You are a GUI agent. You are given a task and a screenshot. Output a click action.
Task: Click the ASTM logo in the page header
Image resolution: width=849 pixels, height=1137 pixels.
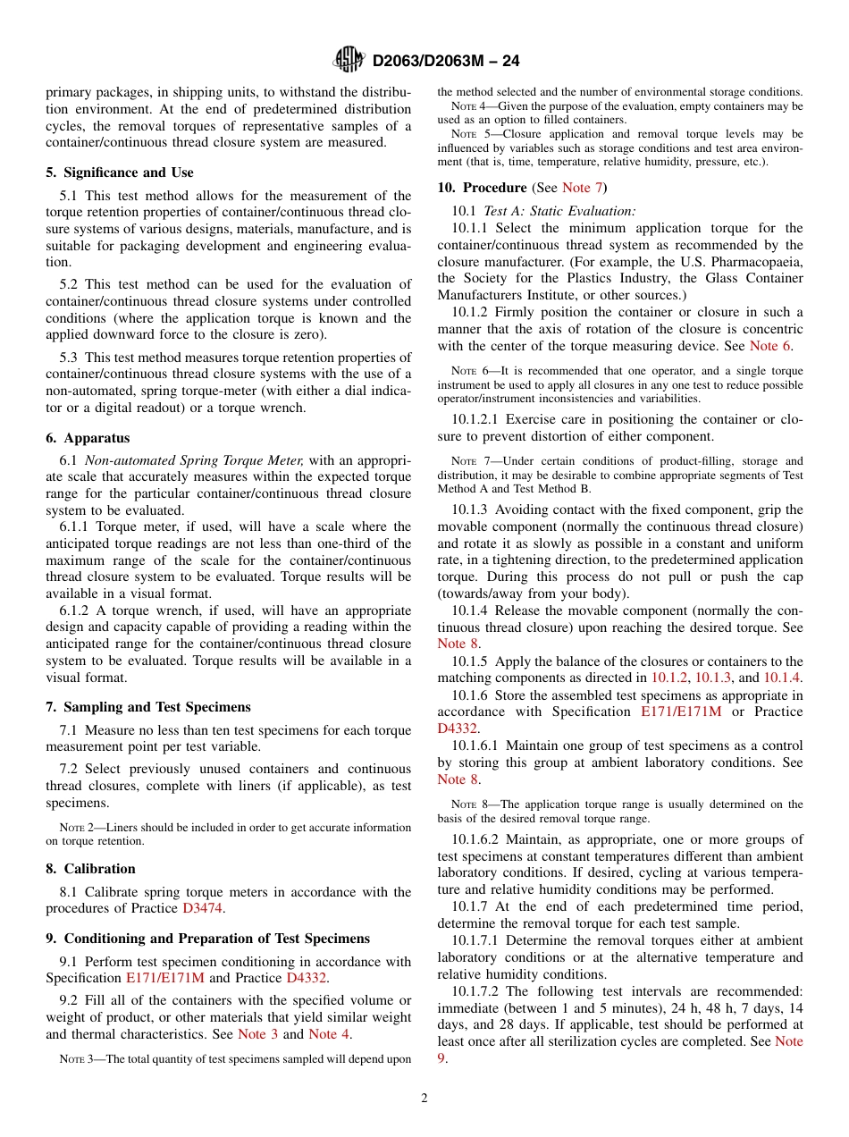(x=349, y=60)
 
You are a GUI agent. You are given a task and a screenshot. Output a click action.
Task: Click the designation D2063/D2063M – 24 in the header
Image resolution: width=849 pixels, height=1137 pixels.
(x=446, y=61)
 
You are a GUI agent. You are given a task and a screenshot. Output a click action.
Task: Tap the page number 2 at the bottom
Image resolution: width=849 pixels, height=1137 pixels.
(x=424, y=1099)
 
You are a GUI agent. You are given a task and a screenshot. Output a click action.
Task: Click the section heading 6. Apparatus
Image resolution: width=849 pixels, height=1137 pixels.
(x=88, y=438)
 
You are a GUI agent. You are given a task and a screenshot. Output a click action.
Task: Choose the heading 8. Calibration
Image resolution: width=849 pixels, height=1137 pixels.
(x=90, y=869)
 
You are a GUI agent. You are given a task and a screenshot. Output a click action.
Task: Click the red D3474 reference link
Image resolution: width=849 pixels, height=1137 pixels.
(x=203, y=909)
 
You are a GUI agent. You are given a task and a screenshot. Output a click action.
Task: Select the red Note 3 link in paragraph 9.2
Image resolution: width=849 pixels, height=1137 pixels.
(x=257, y=1034)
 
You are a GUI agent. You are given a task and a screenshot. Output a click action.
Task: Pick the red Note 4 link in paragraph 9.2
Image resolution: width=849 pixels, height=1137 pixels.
(x=328, y=1034)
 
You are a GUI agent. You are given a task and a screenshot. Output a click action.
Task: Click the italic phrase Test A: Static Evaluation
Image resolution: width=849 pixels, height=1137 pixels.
(x=559, y=211)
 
